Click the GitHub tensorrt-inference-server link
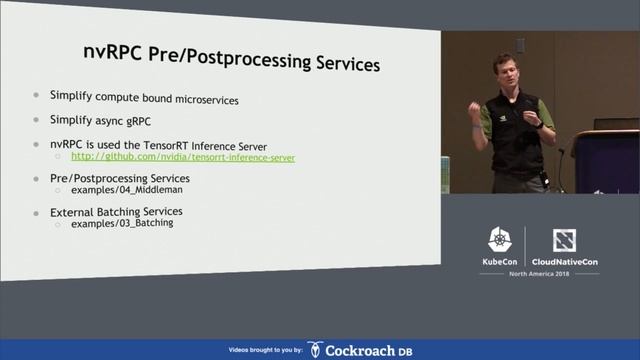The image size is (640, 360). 182,157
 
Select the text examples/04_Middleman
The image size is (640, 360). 127,189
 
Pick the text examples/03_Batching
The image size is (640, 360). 122,223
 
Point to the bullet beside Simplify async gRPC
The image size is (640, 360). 37,119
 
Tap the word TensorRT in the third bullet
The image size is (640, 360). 187,145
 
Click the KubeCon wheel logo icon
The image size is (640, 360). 500,240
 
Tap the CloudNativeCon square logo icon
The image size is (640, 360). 564,240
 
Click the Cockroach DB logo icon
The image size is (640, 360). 315,349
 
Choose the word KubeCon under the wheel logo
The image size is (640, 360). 500,262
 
